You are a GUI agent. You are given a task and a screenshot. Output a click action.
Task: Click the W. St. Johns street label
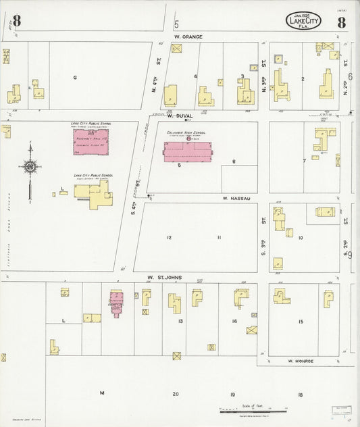click(x=166, y=277)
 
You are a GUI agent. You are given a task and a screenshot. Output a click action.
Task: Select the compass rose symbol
click(x=30, y=166)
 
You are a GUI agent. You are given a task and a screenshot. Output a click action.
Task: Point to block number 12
click(x=170, y=237)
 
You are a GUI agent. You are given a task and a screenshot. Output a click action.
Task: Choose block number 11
click(x=219, y=237)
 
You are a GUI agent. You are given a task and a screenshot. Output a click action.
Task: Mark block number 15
click(x=301, y=321)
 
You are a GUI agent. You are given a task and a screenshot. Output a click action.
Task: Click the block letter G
click(x=76, y=78)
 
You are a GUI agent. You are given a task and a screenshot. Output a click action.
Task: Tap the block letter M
click(x=103, y=393)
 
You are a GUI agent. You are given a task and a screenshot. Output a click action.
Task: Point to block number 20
click(x=175, y=393)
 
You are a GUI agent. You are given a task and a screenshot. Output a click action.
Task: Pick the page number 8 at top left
click(x=16, y=21)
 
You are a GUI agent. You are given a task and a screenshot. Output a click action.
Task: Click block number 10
click(x=301, y=238)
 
